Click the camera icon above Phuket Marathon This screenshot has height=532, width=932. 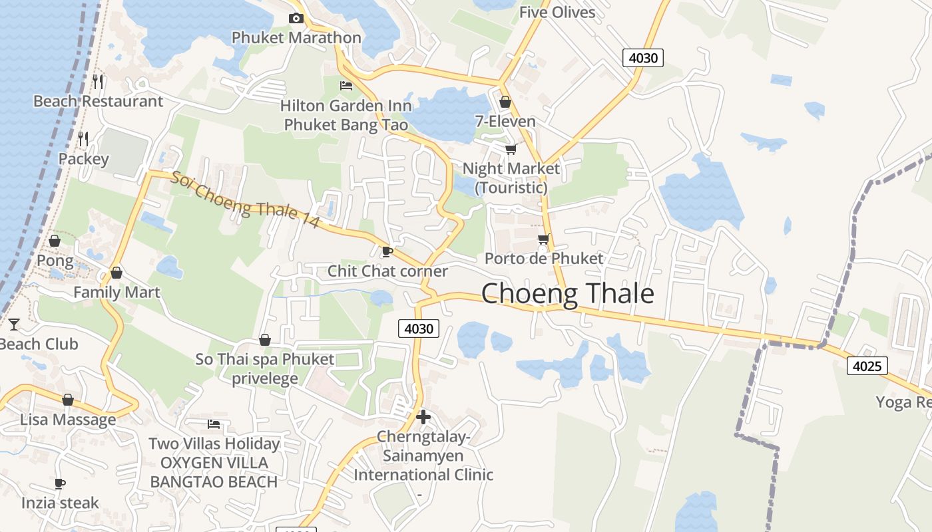(x=296, y=18)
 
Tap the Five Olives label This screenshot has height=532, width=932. (x=557, y=12)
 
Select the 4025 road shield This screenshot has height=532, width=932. (x=867, y=365)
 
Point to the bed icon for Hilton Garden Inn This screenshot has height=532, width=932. (x=346, y=85)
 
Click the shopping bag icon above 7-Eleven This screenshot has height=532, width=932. (x=505, y=102)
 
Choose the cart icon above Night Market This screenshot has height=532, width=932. (x=511, y=149)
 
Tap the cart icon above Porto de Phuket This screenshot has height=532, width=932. (x=543, y=239)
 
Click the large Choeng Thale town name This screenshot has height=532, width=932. (x=567, y=293)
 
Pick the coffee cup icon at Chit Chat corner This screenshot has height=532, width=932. (x=386, y=251)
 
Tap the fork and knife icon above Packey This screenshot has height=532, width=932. (x=83, y=139)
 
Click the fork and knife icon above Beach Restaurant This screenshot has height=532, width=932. (x=98, y=82)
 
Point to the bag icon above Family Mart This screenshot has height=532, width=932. (x=116, y=273)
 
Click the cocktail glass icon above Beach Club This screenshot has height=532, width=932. (x=13, y=325)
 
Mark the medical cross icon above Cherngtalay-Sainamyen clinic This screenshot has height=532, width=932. (x=423, y=417)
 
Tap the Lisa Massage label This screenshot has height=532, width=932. (x=68, y=420)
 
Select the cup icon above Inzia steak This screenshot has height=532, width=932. (x=60, y=483)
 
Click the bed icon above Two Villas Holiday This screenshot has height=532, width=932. (x=214, y=424)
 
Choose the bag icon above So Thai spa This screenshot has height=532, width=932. (x=265, y=340)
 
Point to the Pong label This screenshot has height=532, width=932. (x=55, y=260)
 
